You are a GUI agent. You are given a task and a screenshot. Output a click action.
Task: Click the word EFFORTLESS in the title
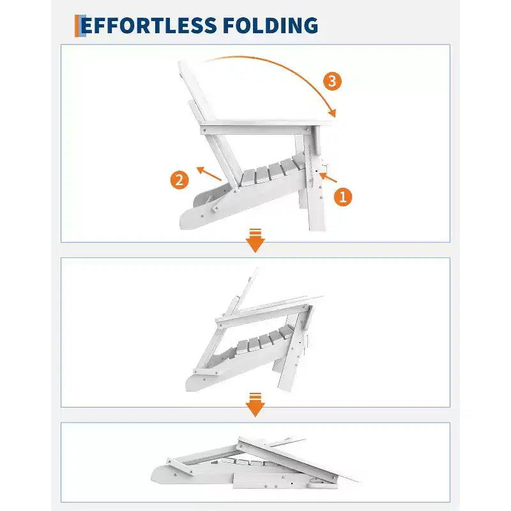149,26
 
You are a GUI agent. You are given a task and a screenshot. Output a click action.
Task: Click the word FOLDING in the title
270,26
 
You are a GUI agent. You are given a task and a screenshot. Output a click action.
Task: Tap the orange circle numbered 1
343,197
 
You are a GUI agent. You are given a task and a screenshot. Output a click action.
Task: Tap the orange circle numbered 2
179,180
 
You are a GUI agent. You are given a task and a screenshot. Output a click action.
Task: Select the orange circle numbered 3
332,81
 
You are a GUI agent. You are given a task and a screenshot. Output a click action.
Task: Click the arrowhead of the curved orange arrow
332,113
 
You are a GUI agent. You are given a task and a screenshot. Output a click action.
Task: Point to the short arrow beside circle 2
209,174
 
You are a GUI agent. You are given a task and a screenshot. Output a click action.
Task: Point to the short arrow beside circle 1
328,178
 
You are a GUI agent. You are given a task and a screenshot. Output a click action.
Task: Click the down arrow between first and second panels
255,241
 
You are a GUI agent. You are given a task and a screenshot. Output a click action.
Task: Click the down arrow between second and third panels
255,405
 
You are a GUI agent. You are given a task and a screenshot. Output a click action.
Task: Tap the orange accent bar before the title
77,26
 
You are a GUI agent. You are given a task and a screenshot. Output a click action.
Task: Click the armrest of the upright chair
264,126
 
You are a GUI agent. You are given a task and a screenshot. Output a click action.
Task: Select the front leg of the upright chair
315,183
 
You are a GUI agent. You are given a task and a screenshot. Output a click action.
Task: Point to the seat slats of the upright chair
273,171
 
